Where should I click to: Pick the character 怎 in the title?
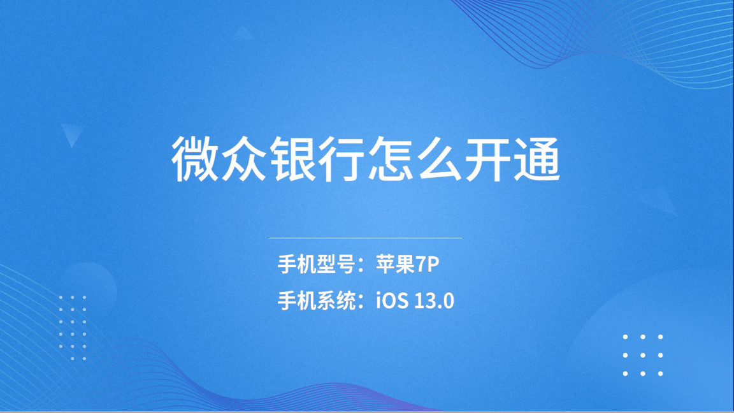coord(391,160)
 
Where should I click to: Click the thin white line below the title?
coord(365,238)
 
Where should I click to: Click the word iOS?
coord(392,300)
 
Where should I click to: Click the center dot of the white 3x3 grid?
coord(643,355)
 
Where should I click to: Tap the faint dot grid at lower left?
coord(73,328)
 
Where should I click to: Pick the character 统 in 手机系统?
coord(345,300)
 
